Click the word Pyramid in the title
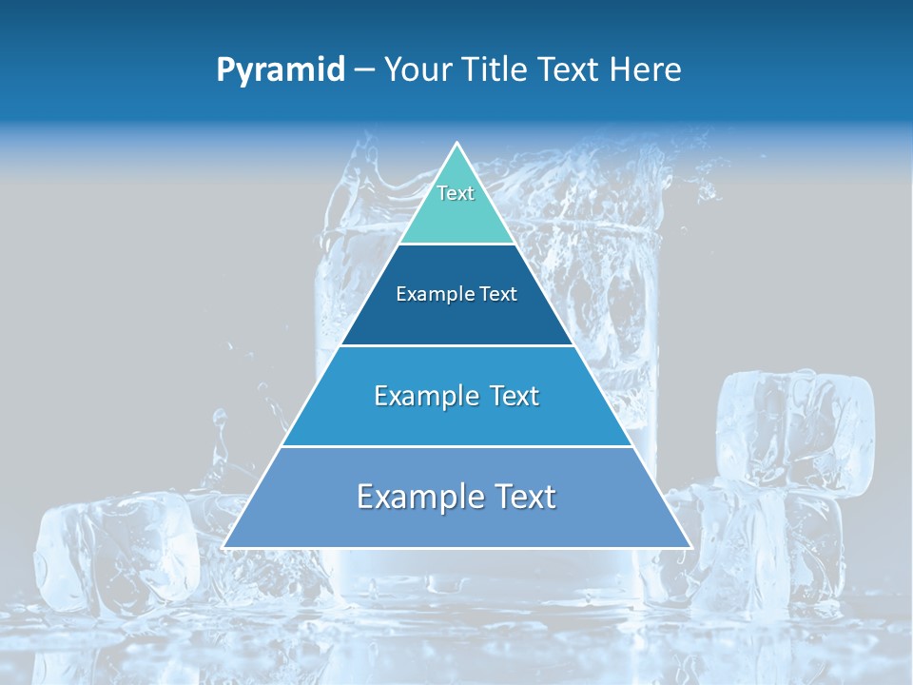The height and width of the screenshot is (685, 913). (x=281, y=70)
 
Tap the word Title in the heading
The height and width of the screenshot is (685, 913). (x=493, y=70)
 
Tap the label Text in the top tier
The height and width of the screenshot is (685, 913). (x=456, y=193)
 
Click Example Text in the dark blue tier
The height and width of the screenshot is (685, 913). (x=456, y=294)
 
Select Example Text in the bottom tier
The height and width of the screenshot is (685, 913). (x=456, y=497)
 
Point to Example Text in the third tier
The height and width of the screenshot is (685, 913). (x=456, y=396)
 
